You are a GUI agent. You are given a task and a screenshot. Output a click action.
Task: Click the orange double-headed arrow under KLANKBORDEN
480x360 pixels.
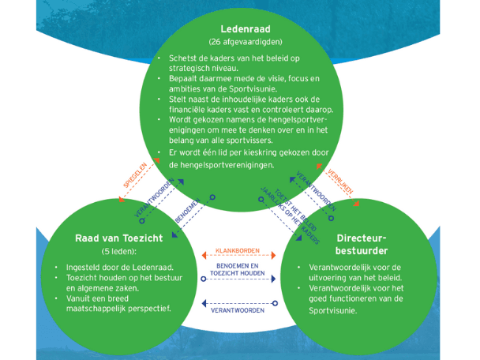pos(238,262)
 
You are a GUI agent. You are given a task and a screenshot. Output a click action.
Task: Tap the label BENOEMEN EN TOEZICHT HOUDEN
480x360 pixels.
pos(238,274)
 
